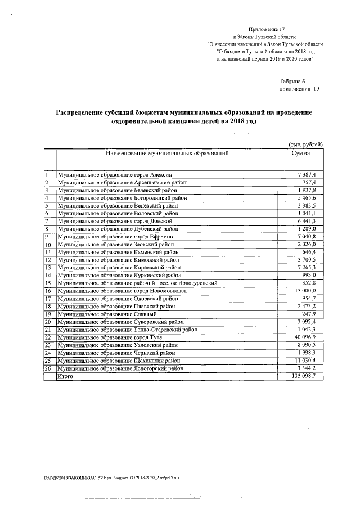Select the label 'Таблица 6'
(x=292, y=82)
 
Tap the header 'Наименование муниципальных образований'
(x=166, y=153)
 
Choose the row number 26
(x=48, y=368)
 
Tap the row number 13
(x=48, y=268)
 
